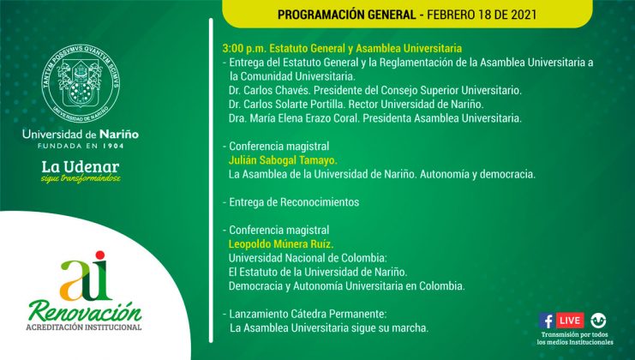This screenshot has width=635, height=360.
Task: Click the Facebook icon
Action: [547, 321]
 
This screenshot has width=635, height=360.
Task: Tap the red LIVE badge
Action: [570, 321]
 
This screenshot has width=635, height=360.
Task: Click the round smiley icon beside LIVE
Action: [598, 321]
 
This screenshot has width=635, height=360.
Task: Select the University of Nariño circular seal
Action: [81, 83]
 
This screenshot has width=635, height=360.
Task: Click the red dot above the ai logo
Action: [100, 255]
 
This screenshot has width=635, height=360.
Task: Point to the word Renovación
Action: [85, 312]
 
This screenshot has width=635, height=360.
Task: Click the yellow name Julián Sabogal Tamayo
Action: [283, 160]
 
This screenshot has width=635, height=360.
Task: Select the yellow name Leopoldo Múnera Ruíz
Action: [281, 244]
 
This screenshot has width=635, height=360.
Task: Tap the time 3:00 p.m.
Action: [243, 49]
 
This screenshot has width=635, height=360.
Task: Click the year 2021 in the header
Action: [524, 15]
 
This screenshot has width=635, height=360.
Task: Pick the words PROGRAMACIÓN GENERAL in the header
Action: [347, 15]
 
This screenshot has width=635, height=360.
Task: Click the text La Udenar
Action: [81, 167]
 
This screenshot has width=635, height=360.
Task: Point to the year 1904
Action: [113, 146]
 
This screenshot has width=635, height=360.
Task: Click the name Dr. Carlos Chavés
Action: [269, 90]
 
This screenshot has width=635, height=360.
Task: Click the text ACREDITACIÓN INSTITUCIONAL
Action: [84, 327]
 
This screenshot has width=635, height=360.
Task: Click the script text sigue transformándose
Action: [81, 178]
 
